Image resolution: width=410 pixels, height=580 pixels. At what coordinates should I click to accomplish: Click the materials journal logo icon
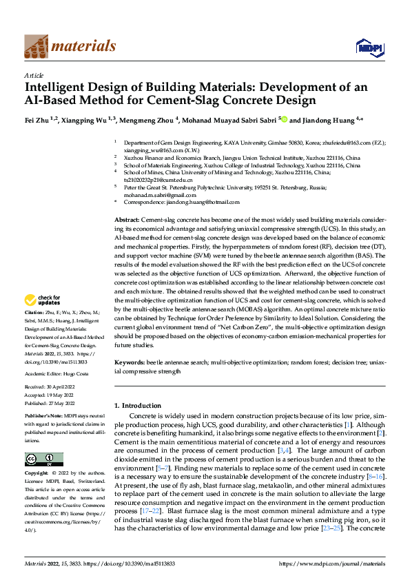pyautogui.click(x=37, y=46)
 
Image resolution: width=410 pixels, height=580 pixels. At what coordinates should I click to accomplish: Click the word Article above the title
pyautogui.click(x=34, y=75)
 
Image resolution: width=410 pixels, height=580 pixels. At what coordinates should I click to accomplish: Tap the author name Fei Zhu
pyautogui.click(x=38, y=120)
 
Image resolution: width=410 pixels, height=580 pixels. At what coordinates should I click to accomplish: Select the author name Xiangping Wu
pyautogui.click(x=86, y=120)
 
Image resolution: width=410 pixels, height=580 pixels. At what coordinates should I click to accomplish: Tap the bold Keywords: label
pyautogui.click(x=129, y=362)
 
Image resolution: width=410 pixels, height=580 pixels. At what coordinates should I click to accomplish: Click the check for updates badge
pyautogui.click(x=41, y=300)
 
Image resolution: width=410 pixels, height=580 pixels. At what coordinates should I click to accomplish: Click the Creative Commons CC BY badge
pyautogui.click(x=43, y=459)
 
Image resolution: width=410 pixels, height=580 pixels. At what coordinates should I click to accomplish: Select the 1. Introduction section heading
pyautogui.click(x=138, y=405)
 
